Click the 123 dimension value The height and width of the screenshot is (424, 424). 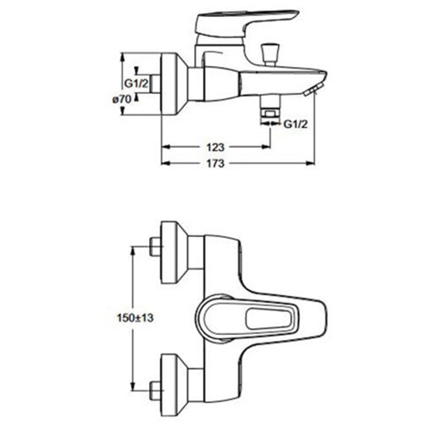(x=215, y=148)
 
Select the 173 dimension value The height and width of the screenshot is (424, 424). (x=215, y=164)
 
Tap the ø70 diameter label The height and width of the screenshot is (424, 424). (x=122, y=99)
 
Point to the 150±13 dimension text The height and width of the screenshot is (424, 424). (x=135, y=318)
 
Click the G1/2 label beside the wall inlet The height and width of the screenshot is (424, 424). (x=137, y=83)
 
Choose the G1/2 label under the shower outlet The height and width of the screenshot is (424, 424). (x=295, y=124)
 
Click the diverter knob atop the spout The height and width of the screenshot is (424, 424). (x=268, y=54)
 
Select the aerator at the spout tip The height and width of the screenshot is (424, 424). (x=311, y=91)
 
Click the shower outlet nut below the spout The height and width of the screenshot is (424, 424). (x=271, y=114)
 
